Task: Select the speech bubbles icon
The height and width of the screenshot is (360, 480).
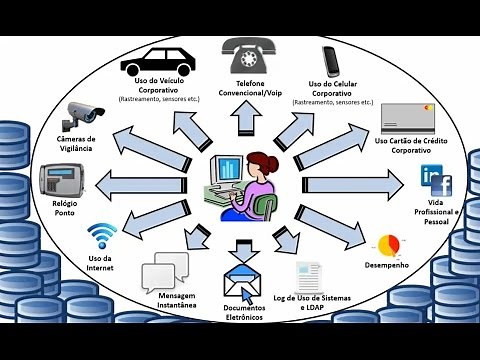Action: click(x=165, y=271)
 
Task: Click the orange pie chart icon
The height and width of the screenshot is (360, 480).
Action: click(x=389, y=245)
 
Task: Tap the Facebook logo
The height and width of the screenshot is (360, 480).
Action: click(x=440, y=185)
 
